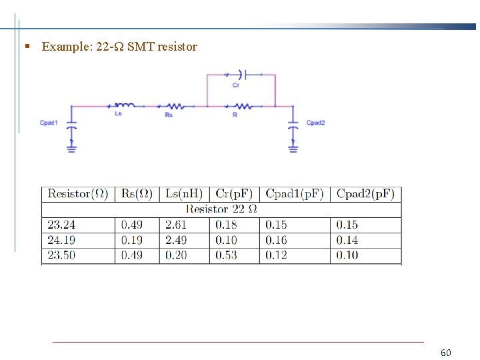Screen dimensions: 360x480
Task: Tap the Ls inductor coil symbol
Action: coord(125,105)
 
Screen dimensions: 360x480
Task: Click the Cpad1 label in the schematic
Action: coord(49,123)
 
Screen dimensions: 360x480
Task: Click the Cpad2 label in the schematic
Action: coord(315,123)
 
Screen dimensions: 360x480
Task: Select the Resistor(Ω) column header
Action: coord(78,194)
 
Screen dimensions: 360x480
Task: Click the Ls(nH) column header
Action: coord(184,194)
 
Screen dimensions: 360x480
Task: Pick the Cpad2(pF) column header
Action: coord(365,194)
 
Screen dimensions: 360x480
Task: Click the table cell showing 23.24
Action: coord(62,225)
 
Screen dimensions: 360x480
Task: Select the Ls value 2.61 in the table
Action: coord(176,225)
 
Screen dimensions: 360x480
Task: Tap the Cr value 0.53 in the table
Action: coord(226,255)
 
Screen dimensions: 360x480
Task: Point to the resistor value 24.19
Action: coord(62,240)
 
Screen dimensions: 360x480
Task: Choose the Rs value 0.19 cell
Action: coord(131,240)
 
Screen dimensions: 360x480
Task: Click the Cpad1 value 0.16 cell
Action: coord(277,240)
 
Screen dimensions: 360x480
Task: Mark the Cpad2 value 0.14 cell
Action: coord(347,240)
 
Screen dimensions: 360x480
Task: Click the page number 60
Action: coord(446,352)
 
